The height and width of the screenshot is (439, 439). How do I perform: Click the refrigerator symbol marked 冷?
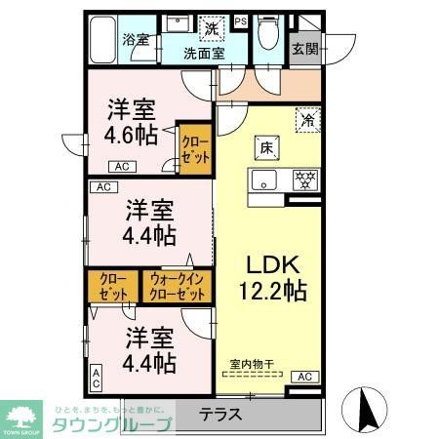[x=308, y=122]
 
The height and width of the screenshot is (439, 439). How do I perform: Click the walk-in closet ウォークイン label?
[x=178, y=287]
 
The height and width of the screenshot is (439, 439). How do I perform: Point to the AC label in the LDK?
[x=303, y=377]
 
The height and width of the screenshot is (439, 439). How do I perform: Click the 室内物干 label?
[x=252, y=365]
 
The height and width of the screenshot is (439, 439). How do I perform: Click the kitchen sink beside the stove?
[x=264, y=180]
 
